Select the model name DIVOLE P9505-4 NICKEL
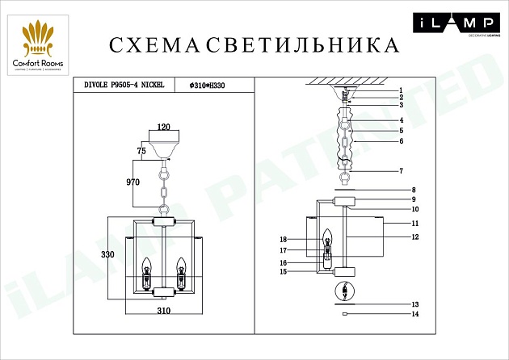120,84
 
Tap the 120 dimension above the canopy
165,128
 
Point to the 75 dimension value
141,150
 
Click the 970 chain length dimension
133,183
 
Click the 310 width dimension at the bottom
165,310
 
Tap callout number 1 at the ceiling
400,90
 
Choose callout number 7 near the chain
400,171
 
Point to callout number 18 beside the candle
283,240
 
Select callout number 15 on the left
283,272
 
